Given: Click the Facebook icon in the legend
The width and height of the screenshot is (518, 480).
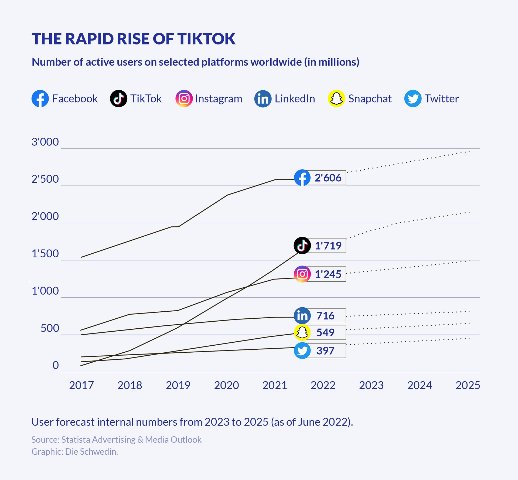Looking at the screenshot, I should click(40, 98).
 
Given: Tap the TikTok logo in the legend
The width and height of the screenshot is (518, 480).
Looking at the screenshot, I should click(118, 98).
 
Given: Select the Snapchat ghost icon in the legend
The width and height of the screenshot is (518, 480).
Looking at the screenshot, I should click(336, 98).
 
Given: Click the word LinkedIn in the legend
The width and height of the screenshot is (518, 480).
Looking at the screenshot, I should click(295, 99).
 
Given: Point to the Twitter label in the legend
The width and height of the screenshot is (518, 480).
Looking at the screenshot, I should click(441, 99).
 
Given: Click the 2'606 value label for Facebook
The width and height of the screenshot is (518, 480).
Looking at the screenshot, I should click(328, 178).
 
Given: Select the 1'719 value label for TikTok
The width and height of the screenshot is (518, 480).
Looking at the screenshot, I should click(328, 246).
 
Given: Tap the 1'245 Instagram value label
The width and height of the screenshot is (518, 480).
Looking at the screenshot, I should click(328, 274).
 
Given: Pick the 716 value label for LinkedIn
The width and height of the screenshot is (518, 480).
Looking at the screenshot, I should click(325, 316).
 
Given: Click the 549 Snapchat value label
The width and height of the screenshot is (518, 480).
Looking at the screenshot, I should click(325, 332).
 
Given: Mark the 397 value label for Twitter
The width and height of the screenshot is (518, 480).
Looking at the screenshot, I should click(325, 351).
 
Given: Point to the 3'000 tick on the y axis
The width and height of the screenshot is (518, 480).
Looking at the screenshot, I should click(45, 142).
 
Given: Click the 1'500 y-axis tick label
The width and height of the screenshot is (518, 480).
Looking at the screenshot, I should click(45, 254).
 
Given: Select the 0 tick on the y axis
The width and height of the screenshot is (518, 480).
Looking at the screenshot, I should click(56, 365).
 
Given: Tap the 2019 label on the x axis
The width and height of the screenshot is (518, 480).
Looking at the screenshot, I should click(178, 385).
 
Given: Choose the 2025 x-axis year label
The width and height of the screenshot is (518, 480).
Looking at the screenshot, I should click(468, 385).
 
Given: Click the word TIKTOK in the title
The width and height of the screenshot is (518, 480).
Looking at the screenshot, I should click(206, 39).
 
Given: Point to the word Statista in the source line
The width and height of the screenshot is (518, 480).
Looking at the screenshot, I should click(76, 440).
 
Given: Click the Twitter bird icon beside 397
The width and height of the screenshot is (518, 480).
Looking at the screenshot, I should click(302, 351).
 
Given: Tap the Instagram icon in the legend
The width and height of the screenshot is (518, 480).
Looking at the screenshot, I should click(184, 98).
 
